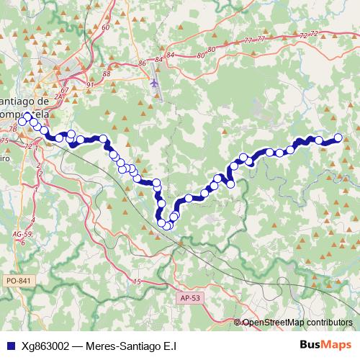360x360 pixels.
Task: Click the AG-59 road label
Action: coord(22,235)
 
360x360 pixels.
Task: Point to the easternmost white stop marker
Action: coord(338,138)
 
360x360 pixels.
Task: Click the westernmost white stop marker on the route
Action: coord(22,122)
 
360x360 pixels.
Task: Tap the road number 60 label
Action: coord(105,27)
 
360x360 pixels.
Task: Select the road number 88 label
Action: coord(107,73)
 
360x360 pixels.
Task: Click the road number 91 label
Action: coord(90,84)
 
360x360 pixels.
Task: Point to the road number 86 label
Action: coord(140,63)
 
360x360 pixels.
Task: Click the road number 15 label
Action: coord(136,280)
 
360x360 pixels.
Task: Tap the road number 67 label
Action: coord(66,89)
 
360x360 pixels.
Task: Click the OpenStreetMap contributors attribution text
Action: coord(297,322)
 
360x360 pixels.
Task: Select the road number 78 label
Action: coord(12,128)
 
